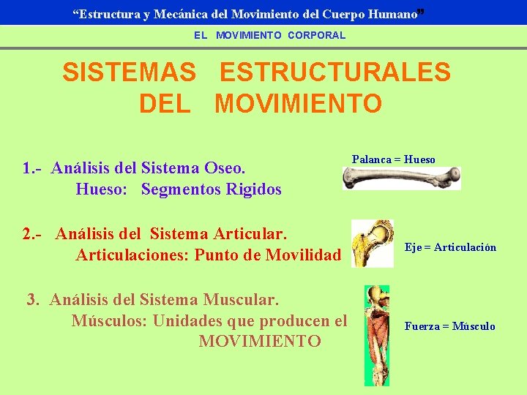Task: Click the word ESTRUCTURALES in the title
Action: (x=335, y=72)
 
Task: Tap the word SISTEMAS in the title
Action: (x=129, y=72)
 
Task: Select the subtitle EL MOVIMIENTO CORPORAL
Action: (x=270, y=35)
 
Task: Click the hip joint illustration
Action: (x=372, y=244)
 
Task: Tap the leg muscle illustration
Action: (x=377, y=334)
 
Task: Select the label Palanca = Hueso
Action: (x=393, y=159)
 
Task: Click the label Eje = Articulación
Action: (x=450, y=247)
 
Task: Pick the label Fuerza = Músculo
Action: (x=449, y=326)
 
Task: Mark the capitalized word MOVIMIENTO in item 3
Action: (x=260, y=342)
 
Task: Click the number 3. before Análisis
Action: (x=33, y=299)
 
